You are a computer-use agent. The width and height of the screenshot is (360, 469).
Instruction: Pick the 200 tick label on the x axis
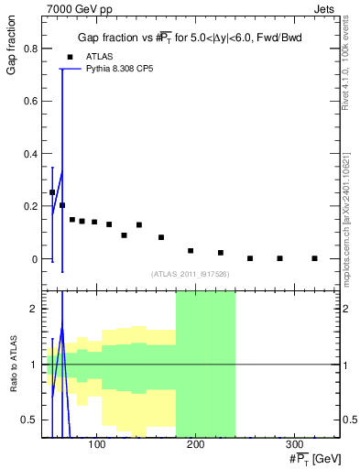[x=194, y=446]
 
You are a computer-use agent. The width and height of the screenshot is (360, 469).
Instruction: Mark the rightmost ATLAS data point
[x=314, y=258]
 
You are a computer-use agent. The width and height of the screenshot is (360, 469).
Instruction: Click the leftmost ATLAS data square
[x=52, y=192]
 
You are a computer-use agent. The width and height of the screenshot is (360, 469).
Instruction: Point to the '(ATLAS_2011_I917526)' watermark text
[x=191, y=275]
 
